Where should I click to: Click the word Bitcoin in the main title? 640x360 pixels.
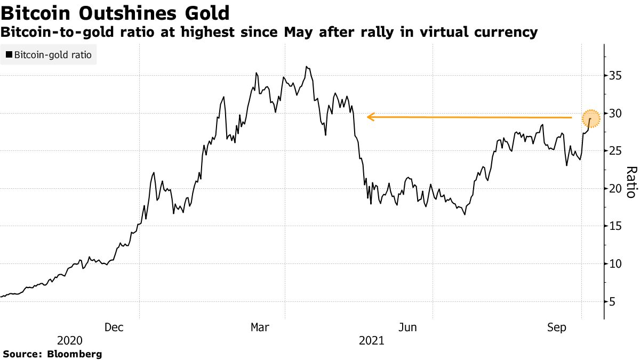click(36, 13)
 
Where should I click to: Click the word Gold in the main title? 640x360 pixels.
click(204, 13)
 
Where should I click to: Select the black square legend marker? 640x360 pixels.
click(9, 54)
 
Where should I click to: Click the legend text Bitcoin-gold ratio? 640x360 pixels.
click(52, 54)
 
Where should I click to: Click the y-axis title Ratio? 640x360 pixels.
click(631, 182)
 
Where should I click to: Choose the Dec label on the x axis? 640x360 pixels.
click(114, 327)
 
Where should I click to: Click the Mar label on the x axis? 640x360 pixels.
click(261, 327)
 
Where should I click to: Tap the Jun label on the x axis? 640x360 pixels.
click(409, 327)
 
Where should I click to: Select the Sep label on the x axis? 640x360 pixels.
click(557, 327)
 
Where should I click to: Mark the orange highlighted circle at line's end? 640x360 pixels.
click(591, 118)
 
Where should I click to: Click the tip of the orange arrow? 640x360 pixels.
click(367, 117)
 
